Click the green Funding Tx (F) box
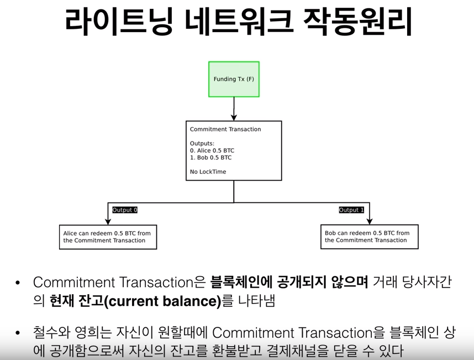click(x=234, y=79)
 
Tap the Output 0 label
click(x=125, y=210)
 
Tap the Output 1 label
click(x=351, y=210)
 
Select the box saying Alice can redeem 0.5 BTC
click(x=108, y=237)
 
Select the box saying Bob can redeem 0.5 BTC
click(x=369, y=237)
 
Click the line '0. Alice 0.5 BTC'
click(x=212, y=150)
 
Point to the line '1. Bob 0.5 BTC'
click(x=210, y=158)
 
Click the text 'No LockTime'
click(x=208, y=172)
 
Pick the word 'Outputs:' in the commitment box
click(x=202, y=143)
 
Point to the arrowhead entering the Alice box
click(x=108, y=221)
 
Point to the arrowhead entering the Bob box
click(x=369, y=221)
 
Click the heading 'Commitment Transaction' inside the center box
click(x=225, y=129)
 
